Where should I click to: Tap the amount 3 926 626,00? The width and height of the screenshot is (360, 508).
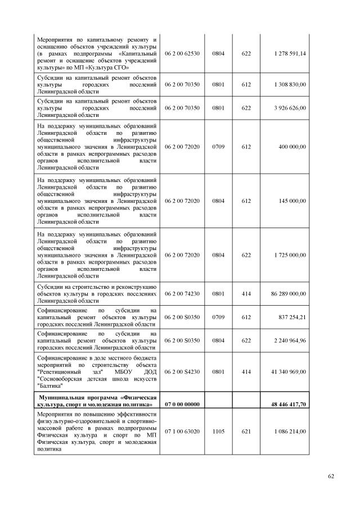tap(290, 108)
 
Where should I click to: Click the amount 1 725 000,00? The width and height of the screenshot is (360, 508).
tap(290, 255)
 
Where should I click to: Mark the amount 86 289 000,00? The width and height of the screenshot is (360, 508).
tap(289, 293)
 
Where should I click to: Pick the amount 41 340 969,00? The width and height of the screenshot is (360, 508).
tap(289, 371)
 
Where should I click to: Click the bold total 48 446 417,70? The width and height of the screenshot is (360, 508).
tap(289, 403)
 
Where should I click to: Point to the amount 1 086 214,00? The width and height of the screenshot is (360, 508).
tap(290, 431)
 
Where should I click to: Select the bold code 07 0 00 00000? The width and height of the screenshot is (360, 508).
tap(182, 403)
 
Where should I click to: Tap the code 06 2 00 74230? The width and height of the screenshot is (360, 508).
tap(182, 293)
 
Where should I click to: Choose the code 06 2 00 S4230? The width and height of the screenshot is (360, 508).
tap(182, 371)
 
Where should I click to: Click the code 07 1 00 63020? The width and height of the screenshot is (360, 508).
tap(182, 431)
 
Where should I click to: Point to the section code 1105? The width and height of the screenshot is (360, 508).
tap(218, 431)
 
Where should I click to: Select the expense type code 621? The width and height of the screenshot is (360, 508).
tap(246, 431)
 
